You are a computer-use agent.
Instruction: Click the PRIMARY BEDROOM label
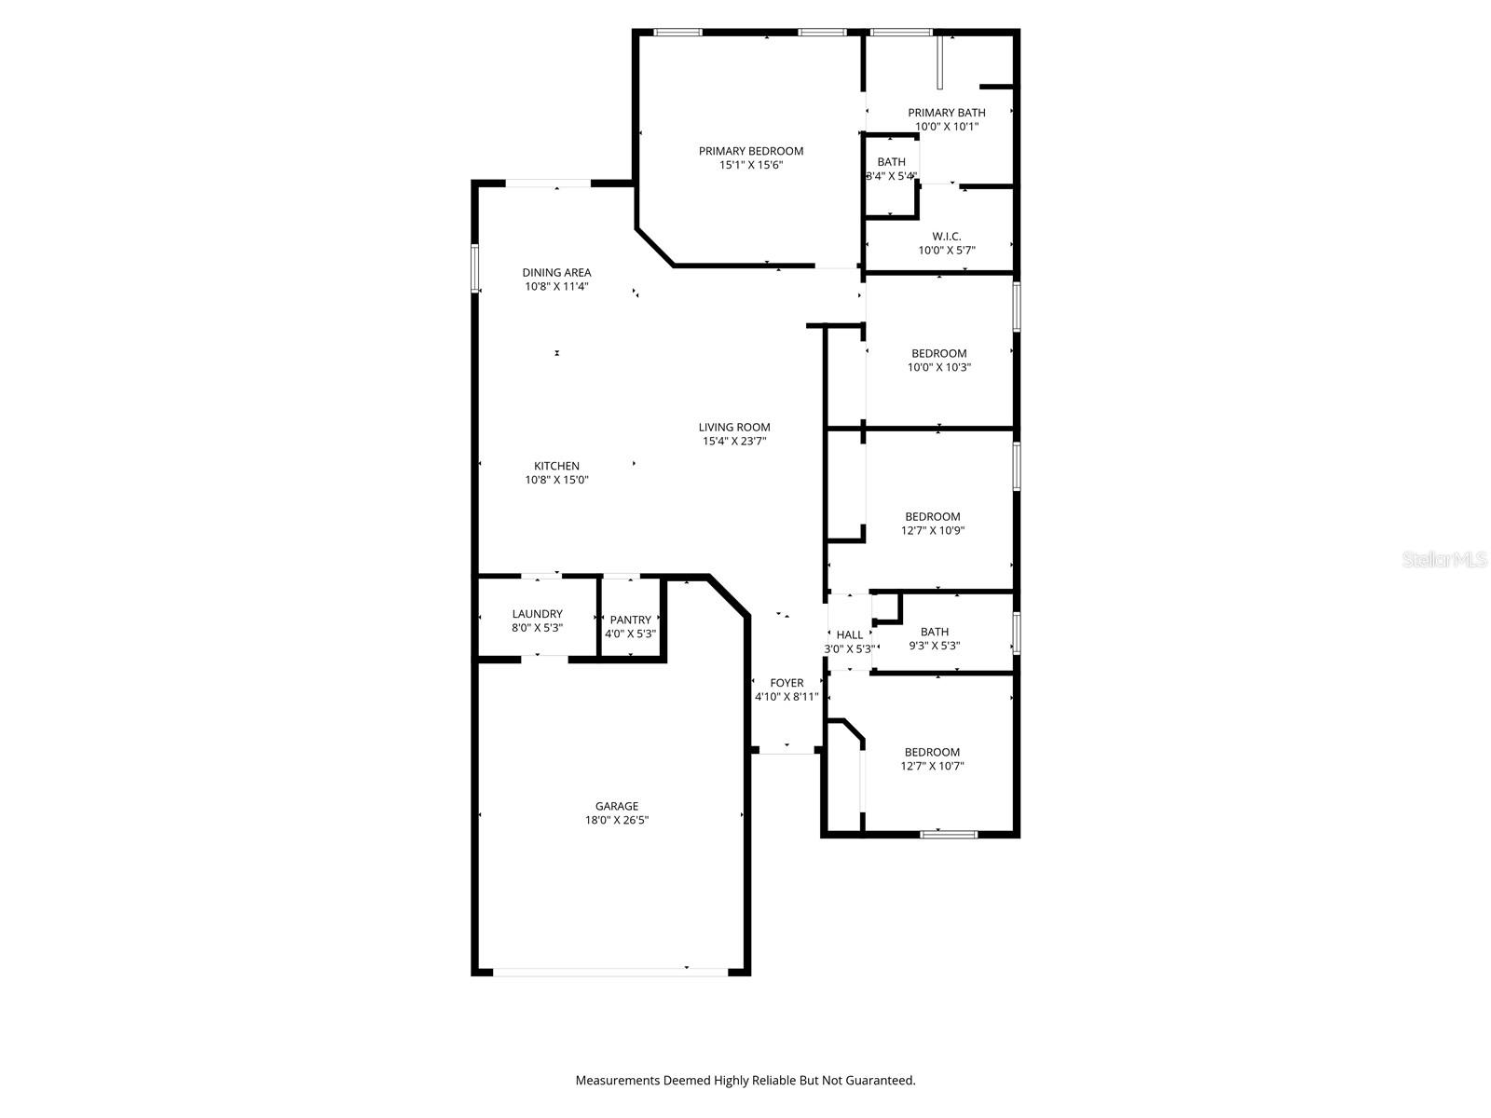[x=750, y=151]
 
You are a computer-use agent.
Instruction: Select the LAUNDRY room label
[x=537, y=614]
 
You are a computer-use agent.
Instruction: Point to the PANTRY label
[x=630, y=620]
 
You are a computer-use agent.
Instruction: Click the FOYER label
[x=787, y=683]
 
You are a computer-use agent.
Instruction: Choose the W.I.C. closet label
[x=946, y=237]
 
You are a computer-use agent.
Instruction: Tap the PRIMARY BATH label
[x=946, y=113]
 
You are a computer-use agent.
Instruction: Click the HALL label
[x=849, y=635]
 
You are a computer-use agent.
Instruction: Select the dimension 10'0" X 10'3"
[x=938, y=368]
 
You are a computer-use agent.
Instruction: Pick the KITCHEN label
[x=556, y=466]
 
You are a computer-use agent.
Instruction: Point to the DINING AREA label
[x=556, y=273]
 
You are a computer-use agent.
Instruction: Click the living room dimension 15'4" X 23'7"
[x=734, y=442]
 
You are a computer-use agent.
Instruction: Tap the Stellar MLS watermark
[x=1445, y=560]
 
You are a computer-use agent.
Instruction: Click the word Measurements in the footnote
[x=617, y=1081]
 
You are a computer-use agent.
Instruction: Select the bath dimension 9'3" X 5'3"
[x=934, y=646]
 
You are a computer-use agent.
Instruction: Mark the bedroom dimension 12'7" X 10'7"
[x=932, y=767]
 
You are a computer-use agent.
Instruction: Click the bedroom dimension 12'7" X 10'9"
[x=932, y=531]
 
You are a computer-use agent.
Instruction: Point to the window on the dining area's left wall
[x=474, y=268]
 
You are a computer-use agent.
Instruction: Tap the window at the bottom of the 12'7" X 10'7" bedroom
[x=949, y=834]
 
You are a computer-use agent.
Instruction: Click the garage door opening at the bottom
[x=610, y=972]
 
